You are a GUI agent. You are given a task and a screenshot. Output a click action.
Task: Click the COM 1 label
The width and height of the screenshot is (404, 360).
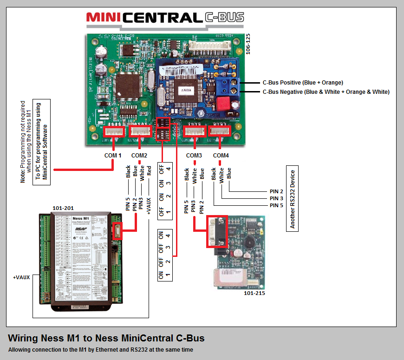click(113, 155)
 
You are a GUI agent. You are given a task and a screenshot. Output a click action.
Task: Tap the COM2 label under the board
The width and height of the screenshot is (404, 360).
click(139, 155)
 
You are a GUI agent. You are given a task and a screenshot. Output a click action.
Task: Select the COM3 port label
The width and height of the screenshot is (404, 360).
click(194, 155)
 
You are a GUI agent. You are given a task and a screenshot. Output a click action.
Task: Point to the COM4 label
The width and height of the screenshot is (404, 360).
click(221, 155)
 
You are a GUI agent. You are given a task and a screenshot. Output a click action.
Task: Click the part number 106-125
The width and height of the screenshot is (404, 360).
click(248, 44)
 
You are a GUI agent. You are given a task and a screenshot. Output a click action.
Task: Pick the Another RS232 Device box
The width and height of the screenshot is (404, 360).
click(292, 198)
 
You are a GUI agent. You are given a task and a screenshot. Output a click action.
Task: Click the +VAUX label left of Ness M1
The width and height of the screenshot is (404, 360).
click(21, 277)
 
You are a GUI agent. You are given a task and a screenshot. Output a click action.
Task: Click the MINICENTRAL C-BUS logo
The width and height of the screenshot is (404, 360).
click(165, 18)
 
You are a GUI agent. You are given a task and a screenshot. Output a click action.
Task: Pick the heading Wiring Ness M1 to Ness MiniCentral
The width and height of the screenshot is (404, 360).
click(106, 338)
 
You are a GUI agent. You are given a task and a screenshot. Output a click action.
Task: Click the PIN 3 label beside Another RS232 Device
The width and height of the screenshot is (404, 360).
click(276, 198)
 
